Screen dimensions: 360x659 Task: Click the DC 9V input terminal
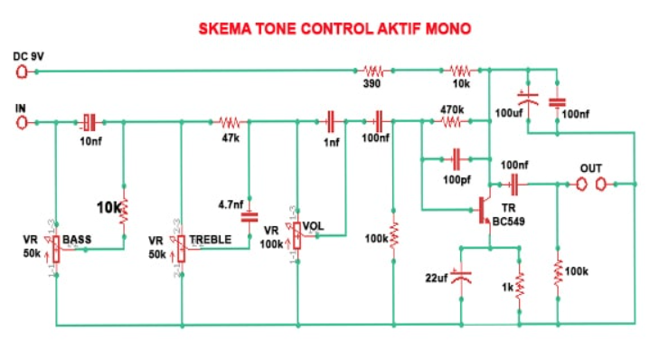point(22,70)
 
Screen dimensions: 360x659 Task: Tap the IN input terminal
point(22,120)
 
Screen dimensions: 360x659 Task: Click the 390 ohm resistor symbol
point(373,70)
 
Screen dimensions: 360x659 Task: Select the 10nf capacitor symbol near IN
point(89,120)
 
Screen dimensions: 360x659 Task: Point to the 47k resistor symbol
point(230,120)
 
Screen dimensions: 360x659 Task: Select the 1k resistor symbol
point(520,283)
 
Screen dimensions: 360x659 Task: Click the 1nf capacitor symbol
point(332,120)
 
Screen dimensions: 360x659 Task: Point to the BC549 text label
point(508,222)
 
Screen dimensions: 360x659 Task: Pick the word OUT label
point(590,168)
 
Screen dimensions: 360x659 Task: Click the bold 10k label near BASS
point(109,207)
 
